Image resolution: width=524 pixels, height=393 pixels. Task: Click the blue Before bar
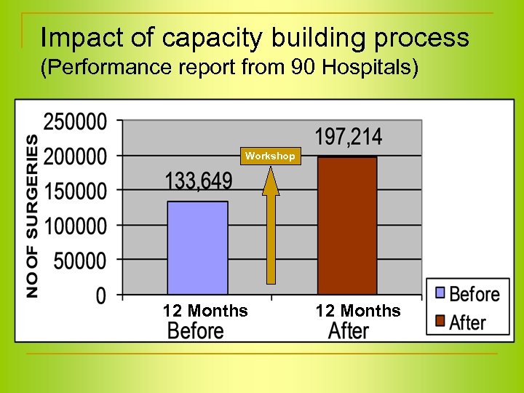pos(197,247)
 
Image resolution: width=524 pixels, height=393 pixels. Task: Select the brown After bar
pos(347,226)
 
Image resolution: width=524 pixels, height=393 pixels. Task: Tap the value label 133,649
pos(197,181)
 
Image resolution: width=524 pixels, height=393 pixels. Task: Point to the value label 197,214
pos(348,137)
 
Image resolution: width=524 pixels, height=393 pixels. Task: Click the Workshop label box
pos(270,156)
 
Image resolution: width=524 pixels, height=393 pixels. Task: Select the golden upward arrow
pos(271,226)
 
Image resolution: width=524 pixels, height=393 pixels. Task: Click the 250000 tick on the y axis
pos(75,122)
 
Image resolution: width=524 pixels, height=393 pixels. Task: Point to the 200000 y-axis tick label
pos(75,156)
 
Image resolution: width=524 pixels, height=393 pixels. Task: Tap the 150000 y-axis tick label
pos(75,191)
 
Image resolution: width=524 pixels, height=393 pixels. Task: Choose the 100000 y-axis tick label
pos(75,226)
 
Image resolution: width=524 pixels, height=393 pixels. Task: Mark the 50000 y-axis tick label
pos(79,260)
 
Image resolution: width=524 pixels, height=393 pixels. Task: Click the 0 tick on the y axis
pos(100,295)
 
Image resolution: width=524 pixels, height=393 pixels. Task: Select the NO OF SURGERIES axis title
pos(33,215)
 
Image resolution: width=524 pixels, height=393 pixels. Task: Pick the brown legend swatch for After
pos(439,322)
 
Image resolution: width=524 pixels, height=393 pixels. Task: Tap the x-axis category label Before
pos(196,331)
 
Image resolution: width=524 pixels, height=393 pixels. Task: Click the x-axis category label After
pos(349,331)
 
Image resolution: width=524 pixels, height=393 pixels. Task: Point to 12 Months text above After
pos(357,311)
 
